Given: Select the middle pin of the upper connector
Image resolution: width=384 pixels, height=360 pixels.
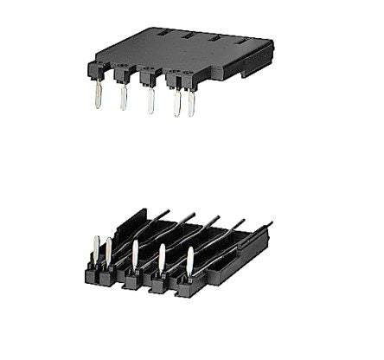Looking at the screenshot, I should coord(150,100).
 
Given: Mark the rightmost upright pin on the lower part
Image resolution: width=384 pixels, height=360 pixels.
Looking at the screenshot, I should coord(190,260).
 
